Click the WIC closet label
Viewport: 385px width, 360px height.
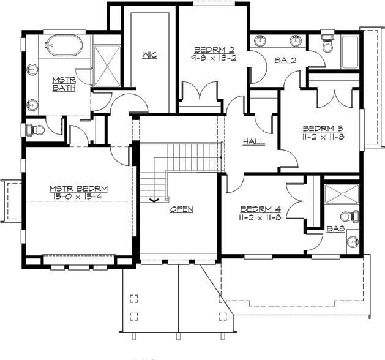tap(150, 55)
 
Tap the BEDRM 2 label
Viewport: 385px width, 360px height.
tap(211, 50)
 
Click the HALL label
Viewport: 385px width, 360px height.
tap(254, 141)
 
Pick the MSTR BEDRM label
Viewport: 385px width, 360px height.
tap(79, 188)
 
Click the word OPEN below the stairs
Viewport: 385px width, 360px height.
tap(181, 209)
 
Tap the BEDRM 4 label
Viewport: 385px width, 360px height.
tap(260, 208)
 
